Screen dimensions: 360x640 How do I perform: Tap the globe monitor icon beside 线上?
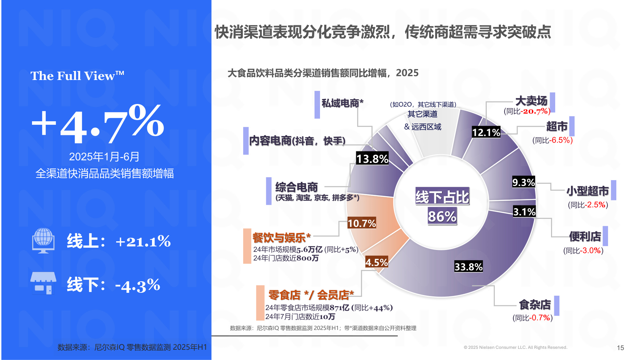(43, 240)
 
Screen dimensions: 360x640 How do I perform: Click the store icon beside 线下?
(43, 283)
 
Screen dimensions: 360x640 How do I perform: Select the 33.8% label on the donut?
(468, 267)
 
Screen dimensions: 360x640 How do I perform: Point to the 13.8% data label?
(372, 158)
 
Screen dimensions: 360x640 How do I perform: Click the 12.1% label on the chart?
(486, 132)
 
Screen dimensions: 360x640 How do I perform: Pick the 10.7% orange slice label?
(362, 223)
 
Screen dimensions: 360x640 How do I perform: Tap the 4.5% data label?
(377, 262)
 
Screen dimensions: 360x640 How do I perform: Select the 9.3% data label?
(524, 182)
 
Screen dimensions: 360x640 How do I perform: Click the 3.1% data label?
(524, 212)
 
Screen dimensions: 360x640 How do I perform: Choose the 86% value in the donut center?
(442, 216)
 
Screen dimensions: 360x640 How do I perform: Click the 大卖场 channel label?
(531, 101)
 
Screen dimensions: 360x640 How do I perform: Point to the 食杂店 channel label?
(535, 304)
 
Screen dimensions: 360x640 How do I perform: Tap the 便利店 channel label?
(585, 236)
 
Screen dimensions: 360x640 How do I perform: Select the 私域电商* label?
(342, 103)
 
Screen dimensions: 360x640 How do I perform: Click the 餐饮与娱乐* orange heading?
(281, 237)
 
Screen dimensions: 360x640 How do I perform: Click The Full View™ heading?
(77, 76)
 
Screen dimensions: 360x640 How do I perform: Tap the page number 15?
(620, 348)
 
